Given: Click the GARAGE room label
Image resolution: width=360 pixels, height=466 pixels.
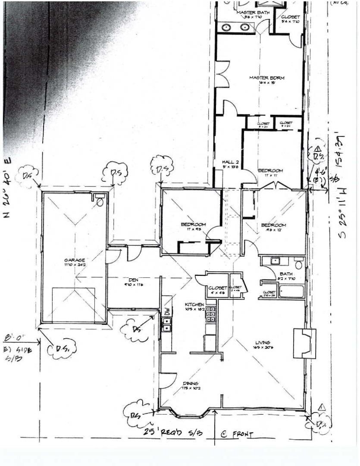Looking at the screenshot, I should pos(74,260).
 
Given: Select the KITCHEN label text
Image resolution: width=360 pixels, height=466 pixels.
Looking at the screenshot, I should pos(194,305).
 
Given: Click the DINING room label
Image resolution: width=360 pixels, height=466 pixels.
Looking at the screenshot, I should pos(190,383).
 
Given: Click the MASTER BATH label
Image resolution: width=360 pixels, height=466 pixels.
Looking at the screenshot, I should pos(253,13).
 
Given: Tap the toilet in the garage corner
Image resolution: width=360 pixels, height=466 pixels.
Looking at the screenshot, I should pos(100,201).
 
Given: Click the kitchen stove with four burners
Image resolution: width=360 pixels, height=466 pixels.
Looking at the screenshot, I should pos(211,314).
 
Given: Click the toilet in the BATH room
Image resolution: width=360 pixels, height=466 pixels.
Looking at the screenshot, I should pos(298,263).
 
